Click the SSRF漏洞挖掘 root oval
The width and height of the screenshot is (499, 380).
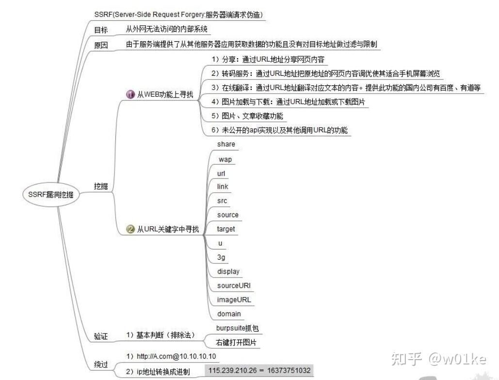51,195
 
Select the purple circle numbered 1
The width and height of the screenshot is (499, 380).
130,95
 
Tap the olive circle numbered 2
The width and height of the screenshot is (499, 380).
130,230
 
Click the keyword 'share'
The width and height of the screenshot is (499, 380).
226,144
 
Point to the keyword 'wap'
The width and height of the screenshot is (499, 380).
225,159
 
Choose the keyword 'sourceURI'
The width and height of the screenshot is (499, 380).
234,285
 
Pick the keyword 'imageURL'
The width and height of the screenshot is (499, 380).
234,299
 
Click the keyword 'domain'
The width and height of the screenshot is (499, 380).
229,314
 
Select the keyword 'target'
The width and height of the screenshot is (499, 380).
226,229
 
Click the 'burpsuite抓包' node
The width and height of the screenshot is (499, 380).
238,328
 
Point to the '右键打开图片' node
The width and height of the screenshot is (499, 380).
236,343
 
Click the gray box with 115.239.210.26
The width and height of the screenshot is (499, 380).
259,371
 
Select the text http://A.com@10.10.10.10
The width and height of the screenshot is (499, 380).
171,357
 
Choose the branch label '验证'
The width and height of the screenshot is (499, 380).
101,336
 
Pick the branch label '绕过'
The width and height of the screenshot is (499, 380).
101,364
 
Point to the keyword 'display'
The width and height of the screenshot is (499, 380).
228,271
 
